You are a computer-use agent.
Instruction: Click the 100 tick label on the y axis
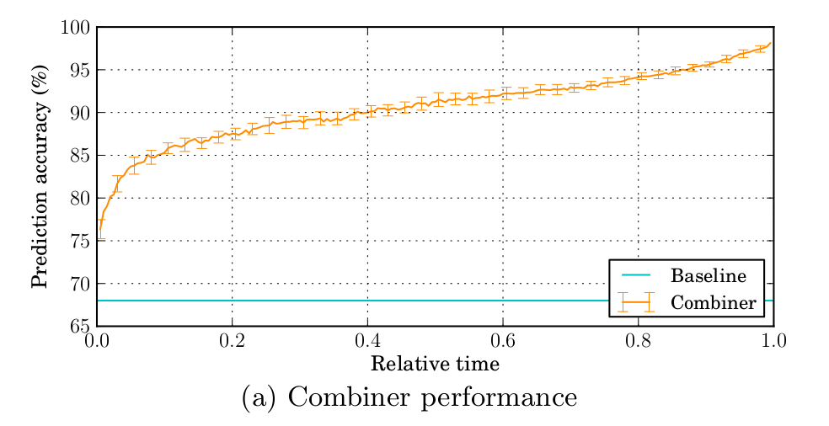(x=74, y=27)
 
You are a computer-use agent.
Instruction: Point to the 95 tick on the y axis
(x=80, y=70)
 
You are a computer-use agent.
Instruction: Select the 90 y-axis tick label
(x=80, y=113)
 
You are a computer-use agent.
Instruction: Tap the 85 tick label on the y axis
(x=80, y=156)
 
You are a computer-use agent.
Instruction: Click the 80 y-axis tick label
(x=80, y=199)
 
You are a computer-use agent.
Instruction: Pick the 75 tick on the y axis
(x=80, y=241)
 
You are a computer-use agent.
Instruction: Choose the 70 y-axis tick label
(x=80, y=284)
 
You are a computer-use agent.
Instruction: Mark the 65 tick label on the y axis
(x=80, y=327)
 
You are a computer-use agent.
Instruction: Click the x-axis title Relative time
(x=435, y=365)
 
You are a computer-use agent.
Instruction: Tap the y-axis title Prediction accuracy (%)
(x=40, y=177)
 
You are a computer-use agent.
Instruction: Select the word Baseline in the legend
(x=709, y=275)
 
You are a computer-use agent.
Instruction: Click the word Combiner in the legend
(x=713, y=302)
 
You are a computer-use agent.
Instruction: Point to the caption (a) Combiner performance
(x=409, y=397)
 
